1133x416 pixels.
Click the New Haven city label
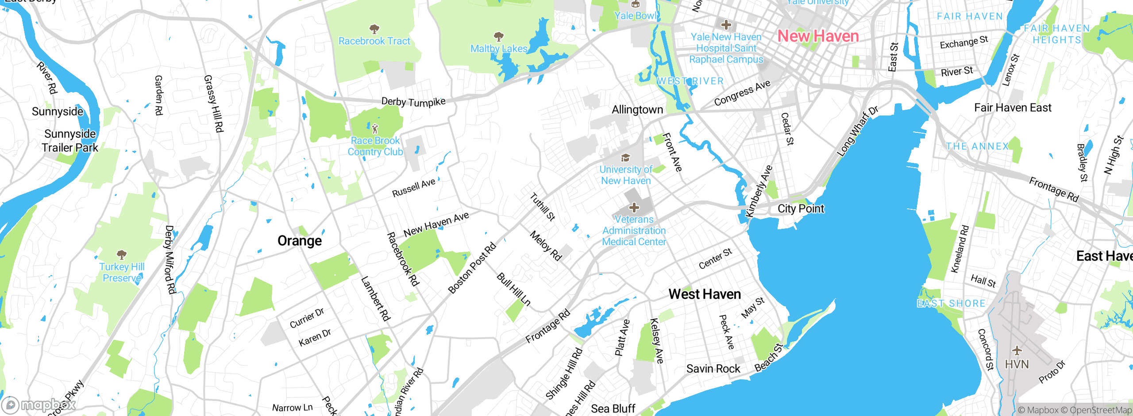818,36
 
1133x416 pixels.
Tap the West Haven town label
705,294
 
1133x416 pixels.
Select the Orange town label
300,241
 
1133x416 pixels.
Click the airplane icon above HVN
1017,351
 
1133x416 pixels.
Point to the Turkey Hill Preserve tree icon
122,254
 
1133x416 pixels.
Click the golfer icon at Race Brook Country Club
375,129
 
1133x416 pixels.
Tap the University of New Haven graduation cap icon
625,158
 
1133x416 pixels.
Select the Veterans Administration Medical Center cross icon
634,207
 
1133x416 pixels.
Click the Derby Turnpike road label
413,102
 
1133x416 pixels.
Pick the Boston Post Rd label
472,269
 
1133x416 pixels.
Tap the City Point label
801,209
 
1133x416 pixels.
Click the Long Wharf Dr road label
857,131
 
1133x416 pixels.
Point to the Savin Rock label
713,369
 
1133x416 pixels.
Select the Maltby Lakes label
499,49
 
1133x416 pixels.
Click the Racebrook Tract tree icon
374,29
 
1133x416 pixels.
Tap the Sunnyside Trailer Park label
70,141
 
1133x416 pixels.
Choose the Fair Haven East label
1013,108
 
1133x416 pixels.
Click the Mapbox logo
38,405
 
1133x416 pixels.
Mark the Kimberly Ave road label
759,191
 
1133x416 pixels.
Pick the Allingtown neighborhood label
637,110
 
